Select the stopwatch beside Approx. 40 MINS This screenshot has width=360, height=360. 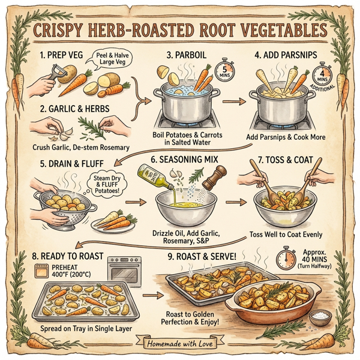[x=285, y=259]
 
